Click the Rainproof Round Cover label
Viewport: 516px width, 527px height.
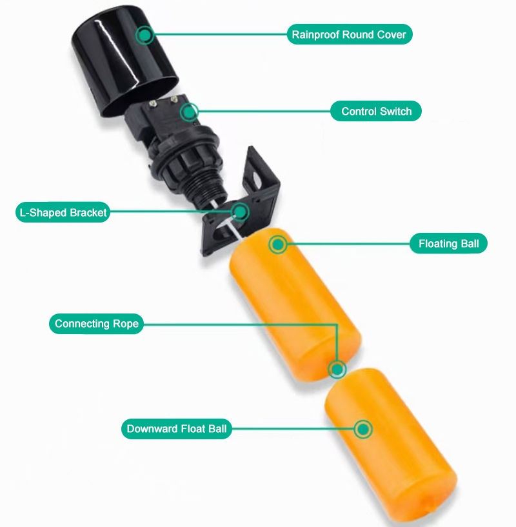(349, 34)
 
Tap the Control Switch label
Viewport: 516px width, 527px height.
(376, 112)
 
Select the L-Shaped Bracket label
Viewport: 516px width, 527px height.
(62, 212)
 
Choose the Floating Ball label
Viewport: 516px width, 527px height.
(448, 244)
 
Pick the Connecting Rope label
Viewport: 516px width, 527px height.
(96, 324)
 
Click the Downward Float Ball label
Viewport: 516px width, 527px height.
(177, 429)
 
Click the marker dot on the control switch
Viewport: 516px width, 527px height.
(188, 112)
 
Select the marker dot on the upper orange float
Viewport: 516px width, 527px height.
(278, 244)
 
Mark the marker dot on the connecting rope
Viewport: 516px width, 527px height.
(337, 370)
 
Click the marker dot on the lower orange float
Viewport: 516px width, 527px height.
(364, 429)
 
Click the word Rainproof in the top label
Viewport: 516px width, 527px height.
(315, 34)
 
